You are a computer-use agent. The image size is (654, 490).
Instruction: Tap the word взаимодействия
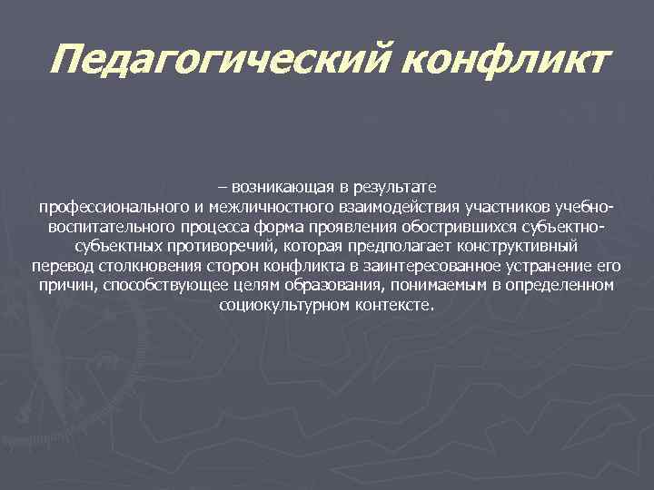pyautogui.click(x=395, y=207)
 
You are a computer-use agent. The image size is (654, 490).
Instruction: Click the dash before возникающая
pyautogui.click(x=223, y=187)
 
